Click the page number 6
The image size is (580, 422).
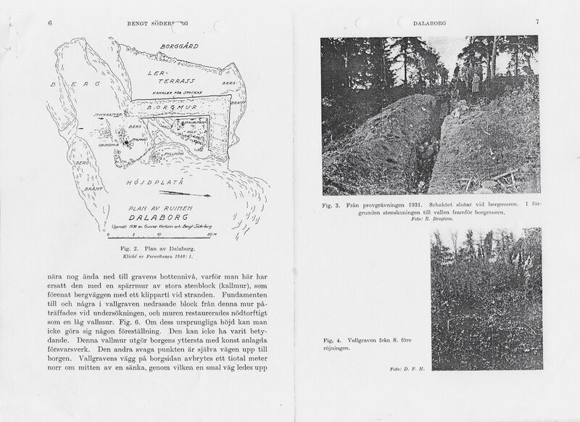tap(50, 23)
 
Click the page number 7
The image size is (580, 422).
tap(536, 22)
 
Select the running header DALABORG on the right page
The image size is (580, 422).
tap(430, 23)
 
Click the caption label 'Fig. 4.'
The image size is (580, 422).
tap(333, 339)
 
